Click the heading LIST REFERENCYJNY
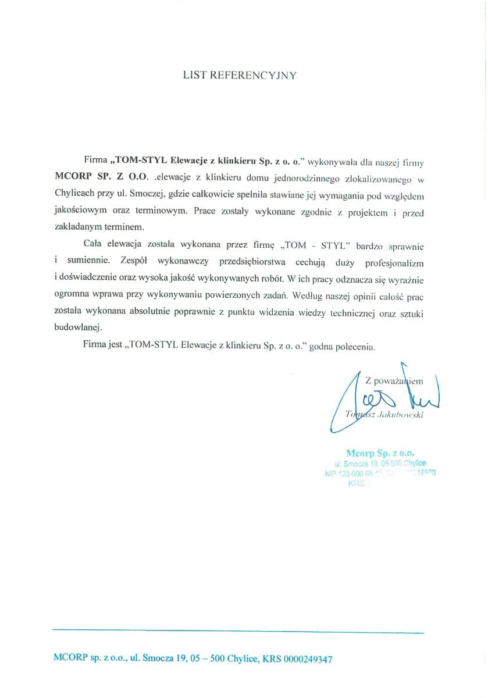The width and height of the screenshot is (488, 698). click(x=240, y=75)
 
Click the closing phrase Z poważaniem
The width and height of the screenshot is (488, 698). click(x=394, y=381)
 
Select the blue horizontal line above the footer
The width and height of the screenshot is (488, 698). click(x=238, y=632)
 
